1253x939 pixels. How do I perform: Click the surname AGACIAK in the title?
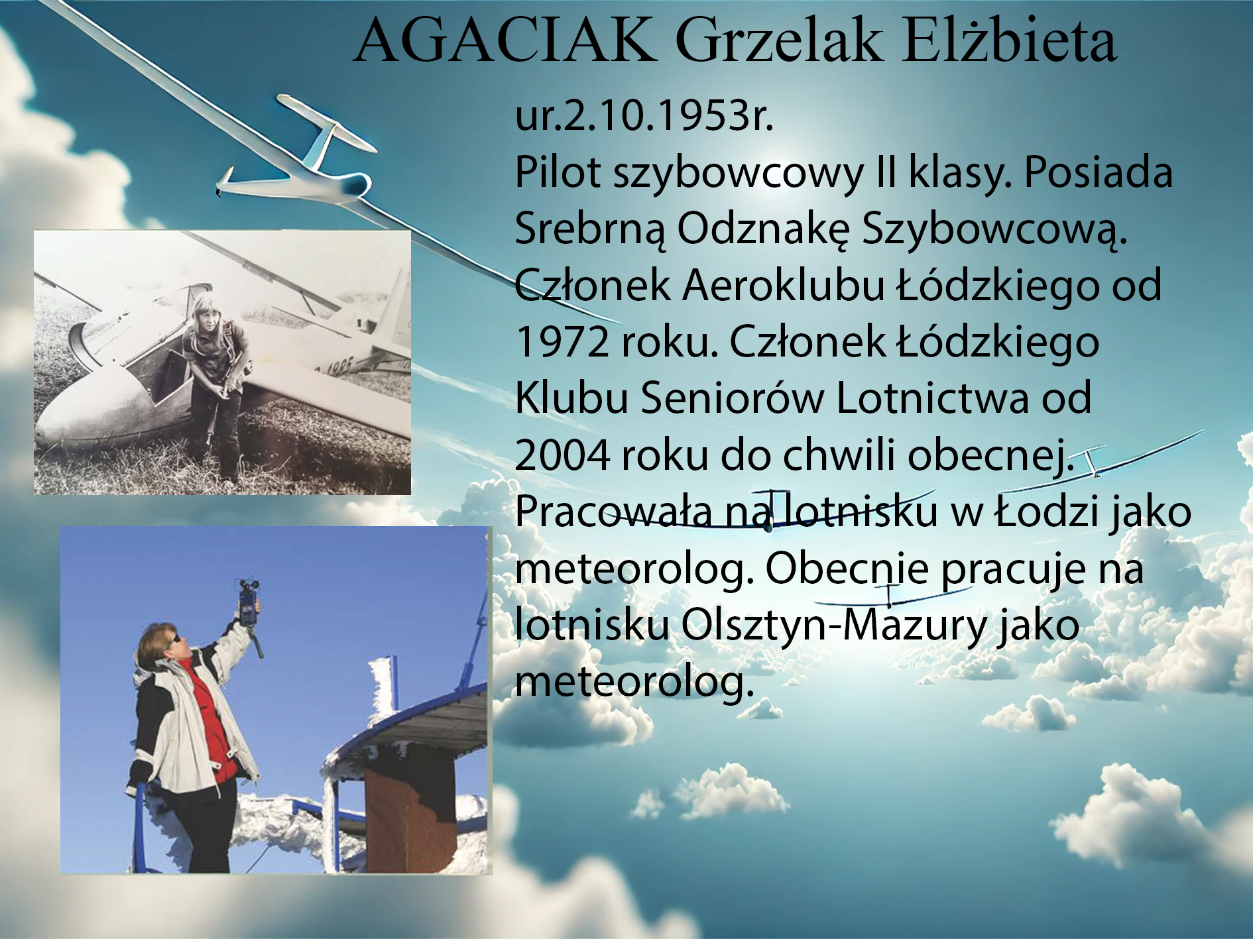(x=505, y=40)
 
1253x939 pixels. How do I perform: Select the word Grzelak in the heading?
(x=778, y=40)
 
